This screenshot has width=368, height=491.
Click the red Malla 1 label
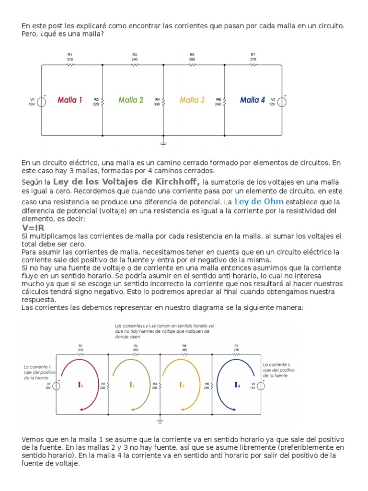point(70,100)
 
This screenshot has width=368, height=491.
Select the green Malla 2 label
point(131,100)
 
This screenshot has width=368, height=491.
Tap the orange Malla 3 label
point(192,100)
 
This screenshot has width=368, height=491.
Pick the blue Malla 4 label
point(253,100)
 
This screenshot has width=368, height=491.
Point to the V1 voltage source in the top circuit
point(42,101)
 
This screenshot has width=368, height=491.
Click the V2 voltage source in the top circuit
point(282,101)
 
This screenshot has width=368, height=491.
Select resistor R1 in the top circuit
point(70,64)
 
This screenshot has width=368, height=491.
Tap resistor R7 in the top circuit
point(253,64)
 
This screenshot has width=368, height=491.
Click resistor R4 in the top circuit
point(163,101)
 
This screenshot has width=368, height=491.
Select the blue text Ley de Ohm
point(259,201)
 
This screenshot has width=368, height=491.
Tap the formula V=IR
point(34,228)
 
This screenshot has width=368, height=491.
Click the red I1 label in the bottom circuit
point(81,385)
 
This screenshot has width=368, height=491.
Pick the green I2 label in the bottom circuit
point(132,385)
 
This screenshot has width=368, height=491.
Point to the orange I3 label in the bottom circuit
point(182,385)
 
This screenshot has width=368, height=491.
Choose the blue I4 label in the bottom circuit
point(237,385)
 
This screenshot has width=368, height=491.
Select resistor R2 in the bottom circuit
point(109,385)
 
